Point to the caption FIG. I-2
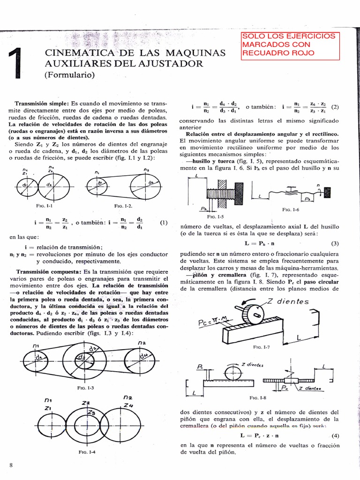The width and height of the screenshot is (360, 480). (124, 206)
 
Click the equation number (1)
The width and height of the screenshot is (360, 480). (164, 223)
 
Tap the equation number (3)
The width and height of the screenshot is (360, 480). (335, 244)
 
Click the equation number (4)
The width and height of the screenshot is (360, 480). (335, 435)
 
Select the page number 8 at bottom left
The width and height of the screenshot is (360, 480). (11, 464)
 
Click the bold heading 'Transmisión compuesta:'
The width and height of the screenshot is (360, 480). (48, 272)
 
